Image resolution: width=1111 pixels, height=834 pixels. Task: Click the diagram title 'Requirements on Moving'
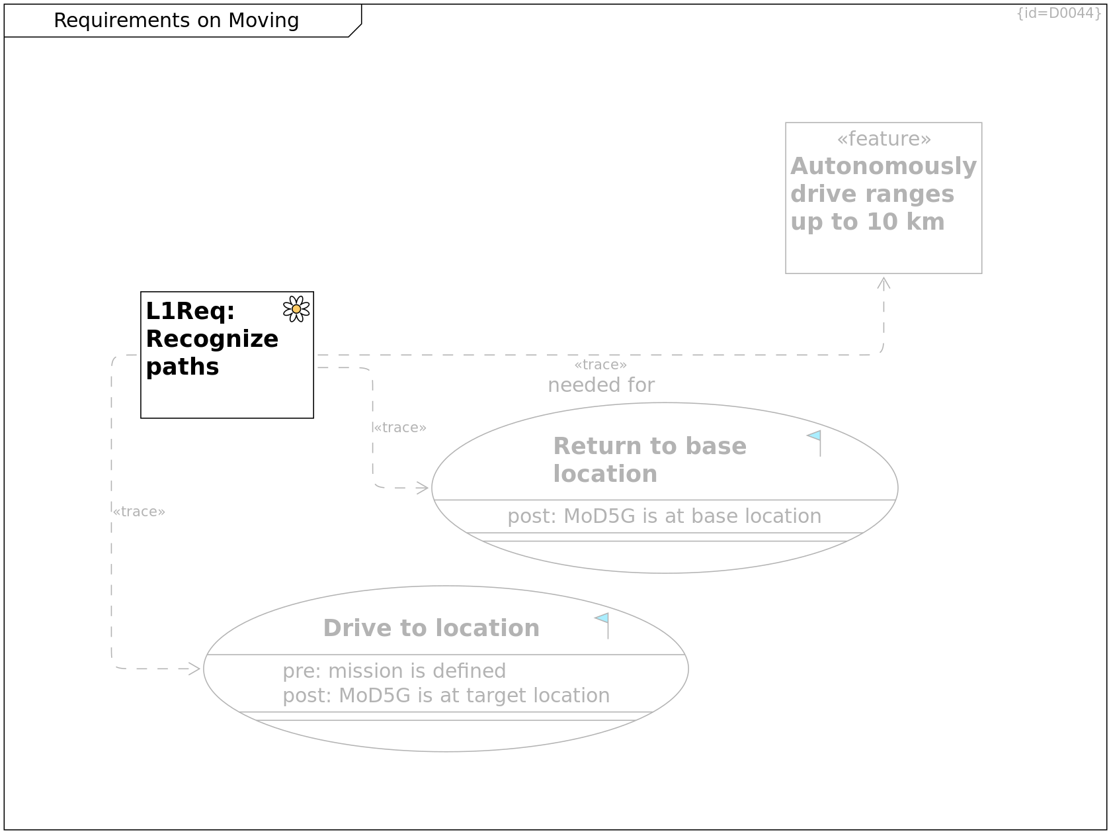tap(176, 21)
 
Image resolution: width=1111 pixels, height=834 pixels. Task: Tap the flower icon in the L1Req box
tap(296, 309)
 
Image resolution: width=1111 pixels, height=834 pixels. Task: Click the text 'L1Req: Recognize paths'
tap(212, 339)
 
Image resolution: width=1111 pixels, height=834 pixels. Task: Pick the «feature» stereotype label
tap(884, 139)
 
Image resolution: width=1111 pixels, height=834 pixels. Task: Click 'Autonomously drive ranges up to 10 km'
tap(883, 194)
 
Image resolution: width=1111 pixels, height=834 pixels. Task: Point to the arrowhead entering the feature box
tap(884, 283)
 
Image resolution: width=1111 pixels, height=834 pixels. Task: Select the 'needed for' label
tap(601, 385)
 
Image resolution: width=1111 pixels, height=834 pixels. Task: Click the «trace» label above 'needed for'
tap(600, 365)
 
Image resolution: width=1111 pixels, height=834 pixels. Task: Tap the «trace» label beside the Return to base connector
tap(400, 428)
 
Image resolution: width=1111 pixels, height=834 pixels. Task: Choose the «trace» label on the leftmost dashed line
tap(139, 512)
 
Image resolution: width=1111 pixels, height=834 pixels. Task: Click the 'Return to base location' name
tap(649, 460)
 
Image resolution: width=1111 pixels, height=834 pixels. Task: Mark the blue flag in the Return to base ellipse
tap(815, 437)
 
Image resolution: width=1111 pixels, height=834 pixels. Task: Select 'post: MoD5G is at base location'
tap(664, 516)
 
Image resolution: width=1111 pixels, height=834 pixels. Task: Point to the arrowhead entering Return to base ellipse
tap(424, 488)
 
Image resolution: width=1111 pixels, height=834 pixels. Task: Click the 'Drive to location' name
tap(431, 628)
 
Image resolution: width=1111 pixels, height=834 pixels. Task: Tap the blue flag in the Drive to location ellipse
tap(602, 619)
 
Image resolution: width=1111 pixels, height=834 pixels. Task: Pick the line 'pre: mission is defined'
tap(394, 671)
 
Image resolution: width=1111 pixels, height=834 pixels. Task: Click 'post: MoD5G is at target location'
tap(446, 696)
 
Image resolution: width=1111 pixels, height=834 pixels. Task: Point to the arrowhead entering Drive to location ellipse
tap(195, 669)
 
